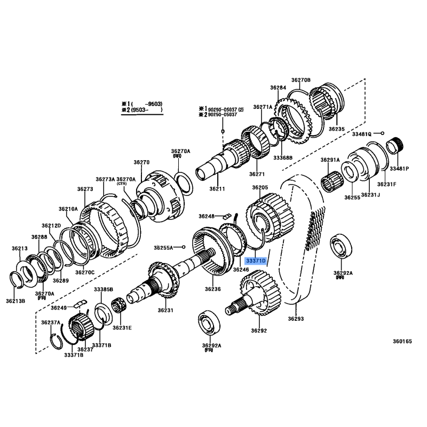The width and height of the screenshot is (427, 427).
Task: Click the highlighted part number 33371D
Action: pos(256,261)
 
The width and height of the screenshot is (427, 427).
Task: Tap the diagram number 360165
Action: pos(402,341)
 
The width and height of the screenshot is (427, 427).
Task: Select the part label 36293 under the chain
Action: pos(296,319)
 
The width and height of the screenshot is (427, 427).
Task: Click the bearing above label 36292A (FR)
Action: pos(209,323)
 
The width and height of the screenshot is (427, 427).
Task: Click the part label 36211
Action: pos(217,189)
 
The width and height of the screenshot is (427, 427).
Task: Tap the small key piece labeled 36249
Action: pos(80,303)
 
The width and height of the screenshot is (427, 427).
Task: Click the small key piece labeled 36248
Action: pos(227,216)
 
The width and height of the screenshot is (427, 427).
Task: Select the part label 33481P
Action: pos(399,169)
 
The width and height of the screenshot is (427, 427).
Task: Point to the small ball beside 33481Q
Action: pos(382,133)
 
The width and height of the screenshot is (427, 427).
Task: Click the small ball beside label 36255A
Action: pos(184,247)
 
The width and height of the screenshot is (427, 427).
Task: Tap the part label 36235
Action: pos(337,129)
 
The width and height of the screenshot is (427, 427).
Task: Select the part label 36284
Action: pos(278,88)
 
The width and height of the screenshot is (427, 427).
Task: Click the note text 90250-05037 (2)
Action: pos(226,109)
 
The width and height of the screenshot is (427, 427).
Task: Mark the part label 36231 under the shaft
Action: pos(165,310)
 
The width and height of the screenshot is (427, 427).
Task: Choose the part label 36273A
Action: pos(105,179)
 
